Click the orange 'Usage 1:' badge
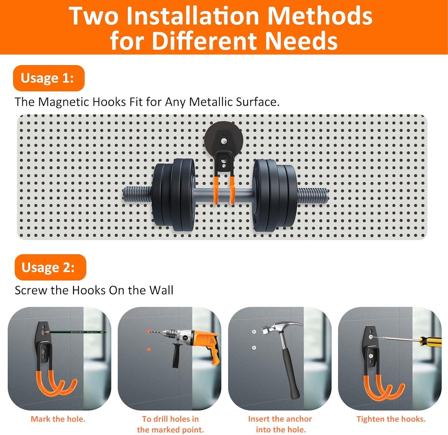point(48,78)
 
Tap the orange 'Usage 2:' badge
point(50,267)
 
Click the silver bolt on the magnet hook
point(224,141)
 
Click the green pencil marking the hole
point(78,332)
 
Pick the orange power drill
point(198,341)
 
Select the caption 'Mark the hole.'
point(58,419)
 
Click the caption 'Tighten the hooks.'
point(391,419)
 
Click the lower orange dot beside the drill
point(149,349)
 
